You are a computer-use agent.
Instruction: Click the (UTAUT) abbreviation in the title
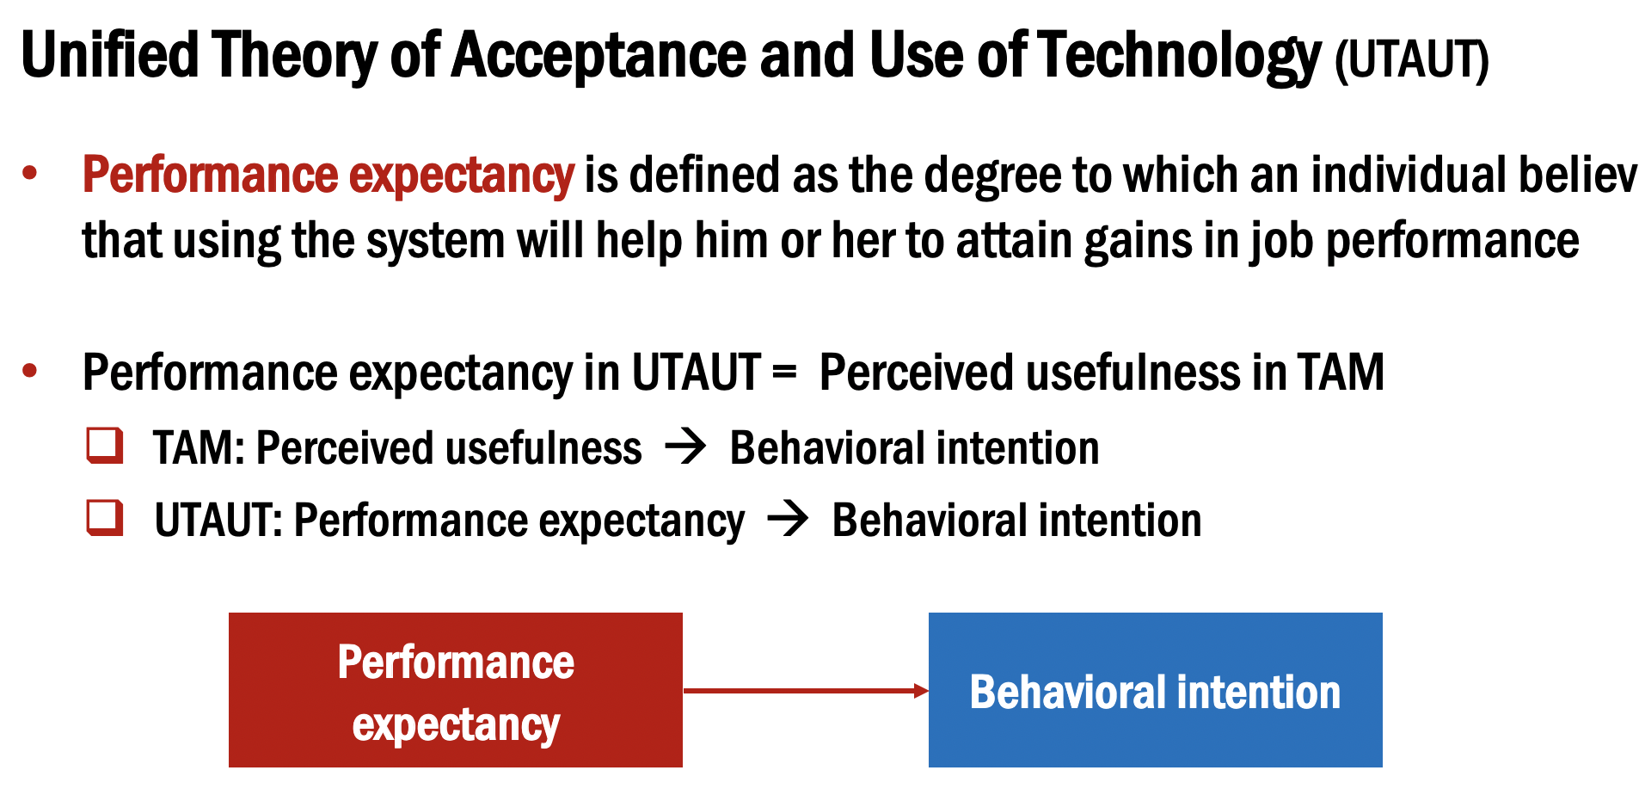[x=1411, y=60]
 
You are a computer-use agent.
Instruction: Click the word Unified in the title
[x=109, y=55]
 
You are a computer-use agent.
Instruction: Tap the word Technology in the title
[x=1179, y=55]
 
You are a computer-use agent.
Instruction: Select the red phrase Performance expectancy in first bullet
[x=328, y=175]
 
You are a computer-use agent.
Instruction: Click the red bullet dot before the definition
[x=30, y=173]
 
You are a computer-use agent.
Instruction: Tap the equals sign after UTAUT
[x=783, y=373]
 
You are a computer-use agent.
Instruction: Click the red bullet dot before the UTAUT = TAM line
[x=30, y=371]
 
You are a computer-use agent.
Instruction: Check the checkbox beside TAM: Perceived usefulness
[x=105, y=446]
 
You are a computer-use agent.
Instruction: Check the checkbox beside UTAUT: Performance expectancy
[x=105, y=518]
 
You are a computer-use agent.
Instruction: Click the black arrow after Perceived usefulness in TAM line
[x=685, y=447]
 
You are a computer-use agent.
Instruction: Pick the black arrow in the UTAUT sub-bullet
[x=788, y=519]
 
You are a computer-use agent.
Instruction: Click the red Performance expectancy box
[x=455, y=690]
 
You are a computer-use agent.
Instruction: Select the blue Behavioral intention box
[x=1155, y=690]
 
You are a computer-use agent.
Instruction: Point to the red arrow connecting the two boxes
[x=805, y=690]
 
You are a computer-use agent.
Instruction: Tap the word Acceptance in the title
[x=599, y=55]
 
